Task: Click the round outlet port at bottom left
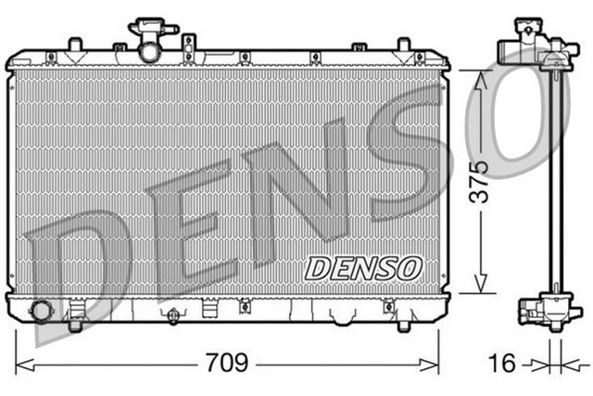(x=42, y=310)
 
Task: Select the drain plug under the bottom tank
(x=170, y=316)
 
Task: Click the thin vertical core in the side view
(x=557, y=185)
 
